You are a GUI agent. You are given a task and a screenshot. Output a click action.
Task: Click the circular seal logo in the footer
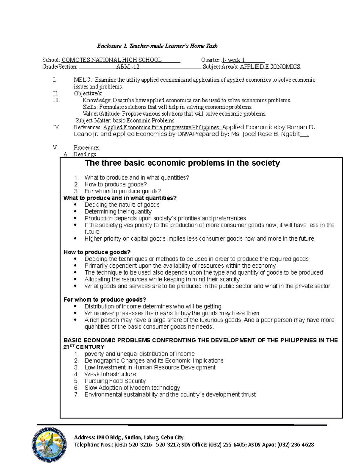[49, 444]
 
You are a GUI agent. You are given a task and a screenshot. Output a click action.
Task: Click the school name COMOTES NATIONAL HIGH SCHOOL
[112, 60]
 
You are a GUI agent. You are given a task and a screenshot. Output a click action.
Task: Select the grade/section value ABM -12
[128, 67]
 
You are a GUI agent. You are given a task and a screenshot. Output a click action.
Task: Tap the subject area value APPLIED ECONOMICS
[270, 67]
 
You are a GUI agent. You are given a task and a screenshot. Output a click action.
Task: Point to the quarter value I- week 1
[233, 60]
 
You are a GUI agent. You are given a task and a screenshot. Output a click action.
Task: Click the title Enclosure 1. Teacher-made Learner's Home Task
[157, 46]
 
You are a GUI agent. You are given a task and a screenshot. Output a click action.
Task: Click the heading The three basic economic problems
[182, 163]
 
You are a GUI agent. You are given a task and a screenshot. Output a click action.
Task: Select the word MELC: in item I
[83, 80]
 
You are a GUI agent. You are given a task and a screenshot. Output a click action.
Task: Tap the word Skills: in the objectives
[90, 107]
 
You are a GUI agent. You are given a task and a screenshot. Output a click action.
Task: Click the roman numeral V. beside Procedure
[55, 148]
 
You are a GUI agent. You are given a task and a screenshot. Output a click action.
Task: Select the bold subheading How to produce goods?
[97, 252]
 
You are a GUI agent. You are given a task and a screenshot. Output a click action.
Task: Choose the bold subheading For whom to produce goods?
[105, 299]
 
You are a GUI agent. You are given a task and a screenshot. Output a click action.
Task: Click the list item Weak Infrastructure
[110, 374]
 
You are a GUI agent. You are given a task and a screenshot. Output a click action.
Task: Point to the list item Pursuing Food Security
[115, 381]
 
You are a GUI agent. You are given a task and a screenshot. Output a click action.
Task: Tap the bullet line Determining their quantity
[118, 212]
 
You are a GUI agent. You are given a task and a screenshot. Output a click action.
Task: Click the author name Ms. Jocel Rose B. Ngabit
[265, 134]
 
